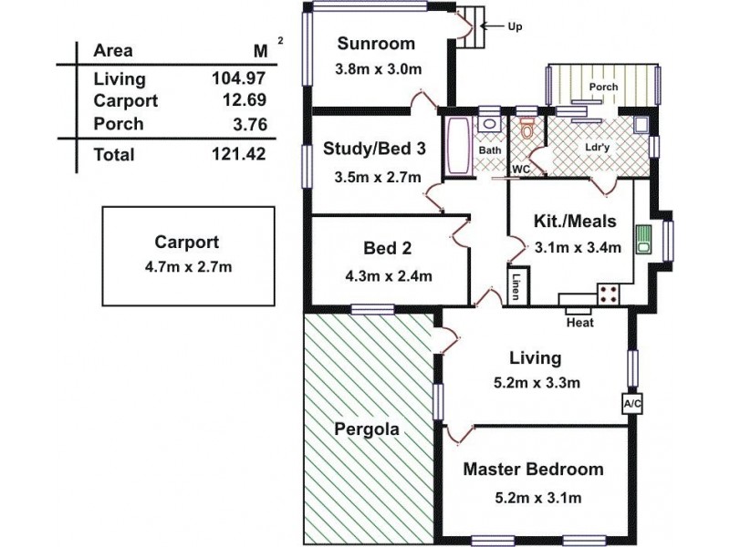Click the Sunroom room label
click(x=376, y=43)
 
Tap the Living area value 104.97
click(x=239, y=77)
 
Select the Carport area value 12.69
click(x=244, y=99)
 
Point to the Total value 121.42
click(x=239, y=153)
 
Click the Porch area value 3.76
click(x=250, y=124)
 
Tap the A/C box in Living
click(x=632, y=404)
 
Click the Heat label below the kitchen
click(x=580, y=323)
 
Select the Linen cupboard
click(x=518, y=285)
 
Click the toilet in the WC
click(x=527, y=129)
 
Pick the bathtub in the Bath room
click(x=459, y=146)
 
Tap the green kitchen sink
click(x=644, y=240)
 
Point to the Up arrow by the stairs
click(x=492, y=26)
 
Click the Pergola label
click(x=367, y=428)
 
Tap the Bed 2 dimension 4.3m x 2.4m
click(x=389, y=276)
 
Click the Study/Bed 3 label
click(x=374, y=149)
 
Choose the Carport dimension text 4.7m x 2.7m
click(x=188, y=267)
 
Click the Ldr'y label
click(x=598, y=148)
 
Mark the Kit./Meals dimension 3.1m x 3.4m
click(x=578, y=247)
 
